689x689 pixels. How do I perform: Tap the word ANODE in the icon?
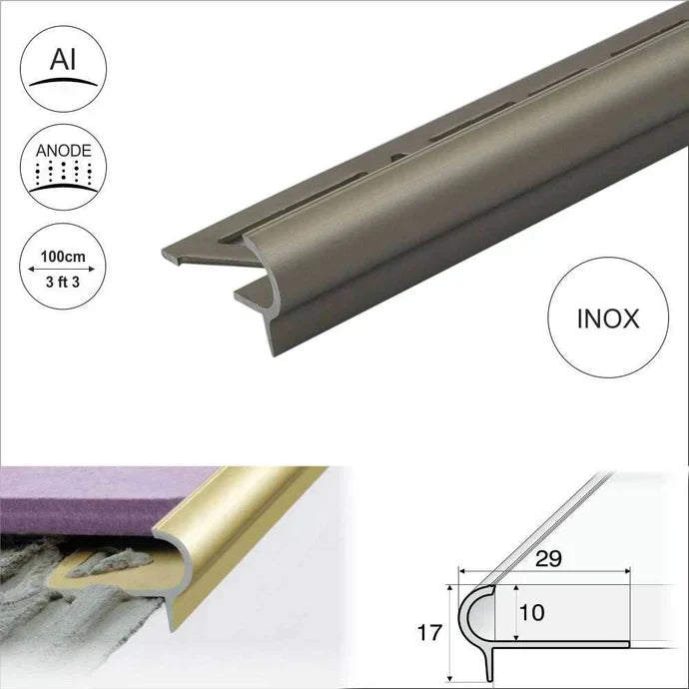(63, 152)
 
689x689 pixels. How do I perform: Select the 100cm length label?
(62, 257)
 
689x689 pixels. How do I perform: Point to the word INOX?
(608, 320)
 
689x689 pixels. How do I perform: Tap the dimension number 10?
(533, 612)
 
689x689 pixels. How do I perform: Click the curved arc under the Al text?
(63, 82)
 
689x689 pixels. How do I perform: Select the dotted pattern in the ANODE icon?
(63, 176)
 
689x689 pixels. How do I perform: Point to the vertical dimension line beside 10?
(515, 613)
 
